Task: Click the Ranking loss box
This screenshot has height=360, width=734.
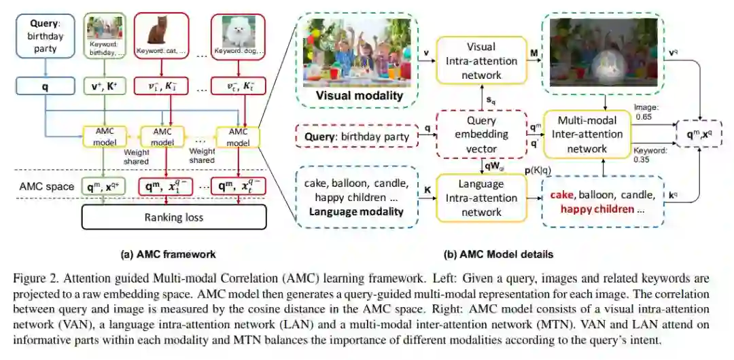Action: pos(175,218)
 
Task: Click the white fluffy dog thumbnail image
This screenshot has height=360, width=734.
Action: pos(243,32)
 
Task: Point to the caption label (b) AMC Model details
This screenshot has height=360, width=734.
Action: pos(498,255)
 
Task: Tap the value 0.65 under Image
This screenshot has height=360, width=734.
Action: pos(643,117)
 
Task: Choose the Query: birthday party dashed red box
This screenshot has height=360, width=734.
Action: pos(356,137)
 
